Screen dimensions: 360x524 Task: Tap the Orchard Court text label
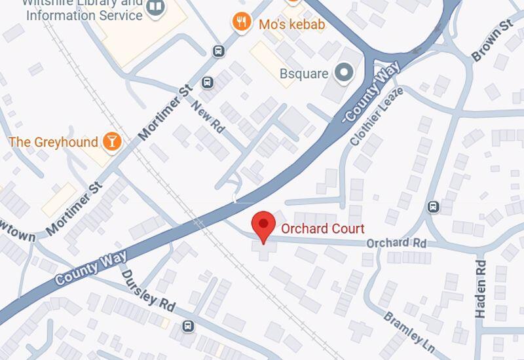(322, 228)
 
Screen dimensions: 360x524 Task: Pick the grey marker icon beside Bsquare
(343, 73)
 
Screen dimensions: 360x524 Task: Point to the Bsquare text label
(304, 73)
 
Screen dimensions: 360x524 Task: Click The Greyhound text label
(53, 142)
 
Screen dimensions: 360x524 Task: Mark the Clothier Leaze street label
(367, 118)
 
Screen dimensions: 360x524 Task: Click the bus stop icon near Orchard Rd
(432, 207)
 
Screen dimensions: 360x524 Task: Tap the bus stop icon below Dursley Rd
(188, 326)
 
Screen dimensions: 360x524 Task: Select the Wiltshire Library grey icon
(156, 8)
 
